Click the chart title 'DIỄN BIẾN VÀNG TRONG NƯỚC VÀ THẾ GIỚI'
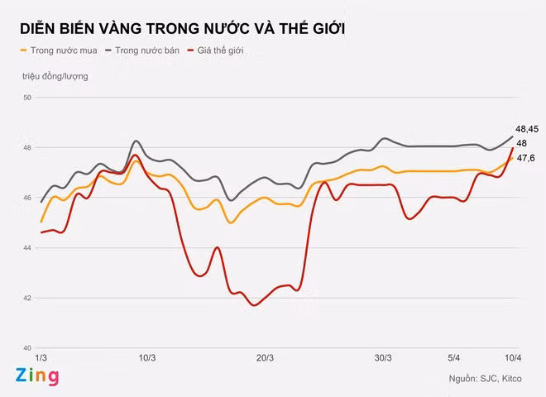tap(183, 29)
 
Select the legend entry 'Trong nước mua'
tap(58, 51)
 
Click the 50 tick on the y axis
tap(27, 98)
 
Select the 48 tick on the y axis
tap(27, 148)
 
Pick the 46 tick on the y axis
tap(27, 198)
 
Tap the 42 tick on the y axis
tap(27, 298)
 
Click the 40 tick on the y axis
tap(27, 348)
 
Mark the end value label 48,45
tap(527, 129)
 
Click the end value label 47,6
tap(525, 158)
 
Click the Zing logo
tap(37, 377)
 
